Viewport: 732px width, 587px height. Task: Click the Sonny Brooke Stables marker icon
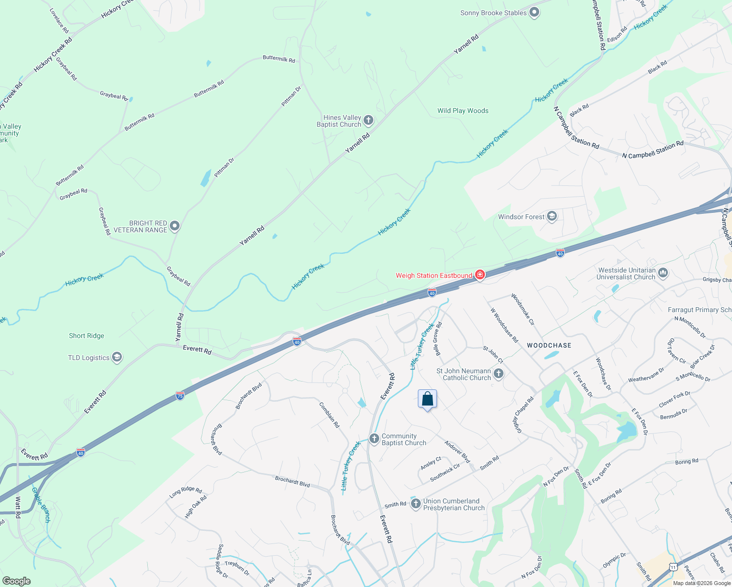pos(534,13)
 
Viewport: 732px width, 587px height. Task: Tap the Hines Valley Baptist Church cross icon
pos(368,120)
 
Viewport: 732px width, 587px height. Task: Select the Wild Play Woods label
pos(463,111)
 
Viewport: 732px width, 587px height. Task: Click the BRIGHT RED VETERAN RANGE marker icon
pos(175,226)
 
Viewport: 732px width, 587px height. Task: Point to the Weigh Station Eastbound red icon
pos(480,275)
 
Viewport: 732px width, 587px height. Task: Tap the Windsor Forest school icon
pos(552,217)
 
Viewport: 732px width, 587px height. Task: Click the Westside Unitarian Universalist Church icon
pos(663,273)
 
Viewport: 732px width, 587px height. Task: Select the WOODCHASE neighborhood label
pos(549,345)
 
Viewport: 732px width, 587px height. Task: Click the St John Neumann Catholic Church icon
pos(499,374)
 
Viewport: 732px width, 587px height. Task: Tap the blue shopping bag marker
pos(427,399)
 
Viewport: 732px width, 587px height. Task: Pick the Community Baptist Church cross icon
pos(374,439)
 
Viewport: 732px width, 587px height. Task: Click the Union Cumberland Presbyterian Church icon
pos(415,504)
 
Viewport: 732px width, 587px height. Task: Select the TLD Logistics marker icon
pos(116,358)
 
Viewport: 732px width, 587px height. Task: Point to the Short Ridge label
pos(87,336)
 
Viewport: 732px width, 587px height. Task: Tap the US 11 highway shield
pos(673,567)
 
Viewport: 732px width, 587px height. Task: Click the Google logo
pos(16,581)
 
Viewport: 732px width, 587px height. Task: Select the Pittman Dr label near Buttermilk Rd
pos(291,96)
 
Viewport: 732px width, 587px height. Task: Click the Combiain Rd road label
pos(329,415)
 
